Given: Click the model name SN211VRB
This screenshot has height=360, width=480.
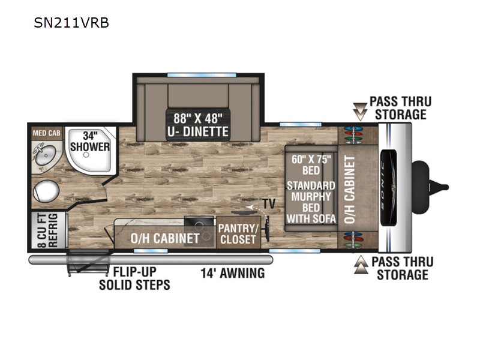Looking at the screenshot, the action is [x=71, y=23].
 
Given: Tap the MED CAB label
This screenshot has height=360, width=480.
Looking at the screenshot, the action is [x=47, y=133].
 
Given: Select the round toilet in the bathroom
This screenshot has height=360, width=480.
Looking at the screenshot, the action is [x=46, y=191].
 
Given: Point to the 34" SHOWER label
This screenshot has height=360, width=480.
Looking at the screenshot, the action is [x=90, y=141].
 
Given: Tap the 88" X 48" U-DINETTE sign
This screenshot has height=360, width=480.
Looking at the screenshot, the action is [x=198, y=125].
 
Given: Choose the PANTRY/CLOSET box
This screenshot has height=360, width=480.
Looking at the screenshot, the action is [x=238, y=233].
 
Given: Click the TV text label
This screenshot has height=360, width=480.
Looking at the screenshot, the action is [x=269, y=203].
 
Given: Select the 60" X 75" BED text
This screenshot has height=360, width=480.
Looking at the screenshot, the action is [x=311, y=164].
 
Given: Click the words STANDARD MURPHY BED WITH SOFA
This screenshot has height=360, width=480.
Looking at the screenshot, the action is [x=311, y=202].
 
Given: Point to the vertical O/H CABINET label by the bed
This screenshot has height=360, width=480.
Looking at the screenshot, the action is [x=349, y=190].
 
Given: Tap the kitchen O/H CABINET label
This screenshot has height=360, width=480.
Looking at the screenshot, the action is [x=165, y=238].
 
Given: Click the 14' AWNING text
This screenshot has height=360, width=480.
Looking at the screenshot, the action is [x=233, y=273].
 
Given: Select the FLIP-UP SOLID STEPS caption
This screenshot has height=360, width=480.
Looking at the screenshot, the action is [x=134, y=278].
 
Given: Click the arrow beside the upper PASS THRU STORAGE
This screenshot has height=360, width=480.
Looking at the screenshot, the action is [x=360, y=112].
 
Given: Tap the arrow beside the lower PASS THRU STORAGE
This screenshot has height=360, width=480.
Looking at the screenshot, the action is [x=361, y=265].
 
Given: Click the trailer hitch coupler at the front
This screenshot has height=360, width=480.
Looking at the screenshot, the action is [x=430, y=187].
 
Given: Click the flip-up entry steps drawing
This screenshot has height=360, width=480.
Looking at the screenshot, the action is [x=88, y=263].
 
